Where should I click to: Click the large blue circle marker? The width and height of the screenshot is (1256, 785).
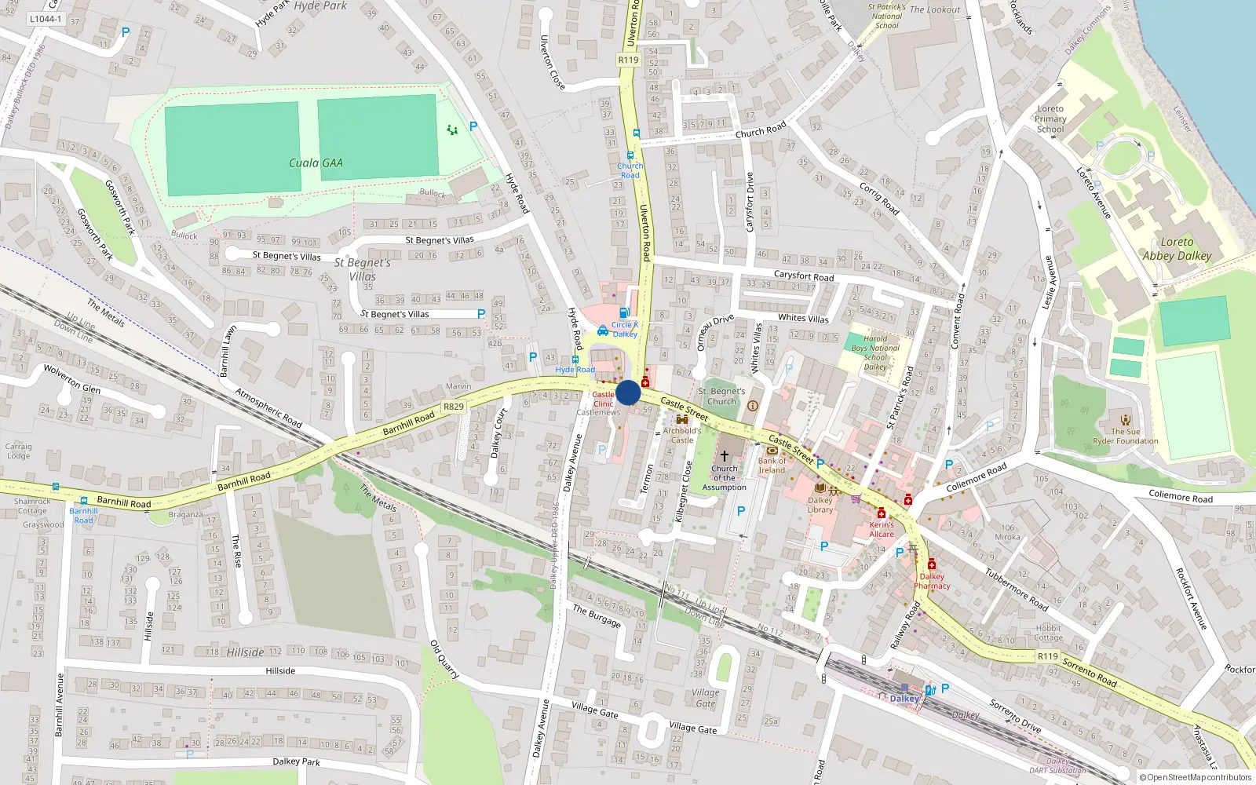(628, 392)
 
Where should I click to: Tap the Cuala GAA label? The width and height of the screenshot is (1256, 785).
(316, 163)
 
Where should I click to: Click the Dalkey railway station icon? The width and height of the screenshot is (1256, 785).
(904, 687)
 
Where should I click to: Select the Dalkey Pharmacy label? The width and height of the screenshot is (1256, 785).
(932, 581)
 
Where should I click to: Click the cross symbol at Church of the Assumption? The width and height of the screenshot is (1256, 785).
(725, 455)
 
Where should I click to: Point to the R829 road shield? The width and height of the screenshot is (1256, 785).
(453, 407)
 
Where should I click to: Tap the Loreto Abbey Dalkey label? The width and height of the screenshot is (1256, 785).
(1177, 249)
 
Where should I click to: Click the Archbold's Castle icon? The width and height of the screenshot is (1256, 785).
(681, 420)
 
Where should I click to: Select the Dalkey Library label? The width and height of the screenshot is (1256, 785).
(820, 505)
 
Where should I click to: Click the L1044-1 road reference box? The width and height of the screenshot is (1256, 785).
(45, 19)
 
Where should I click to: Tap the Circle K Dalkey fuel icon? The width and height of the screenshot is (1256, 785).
(624, 312)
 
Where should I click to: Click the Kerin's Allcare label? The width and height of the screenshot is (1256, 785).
(882, 529)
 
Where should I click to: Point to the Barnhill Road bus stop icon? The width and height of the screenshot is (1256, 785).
(84, 501)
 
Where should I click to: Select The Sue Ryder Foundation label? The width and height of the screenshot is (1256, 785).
(1126, 436)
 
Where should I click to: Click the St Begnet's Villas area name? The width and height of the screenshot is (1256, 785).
(362, 269)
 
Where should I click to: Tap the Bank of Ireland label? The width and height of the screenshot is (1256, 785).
(772, 466)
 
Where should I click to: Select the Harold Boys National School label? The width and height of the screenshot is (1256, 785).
(875, 352)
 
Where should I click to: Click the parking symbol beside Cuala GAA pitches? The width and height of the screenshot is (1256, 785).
(473, 126)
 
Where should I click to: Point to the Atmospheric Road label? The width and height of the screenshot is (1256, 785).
(268, 408)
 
